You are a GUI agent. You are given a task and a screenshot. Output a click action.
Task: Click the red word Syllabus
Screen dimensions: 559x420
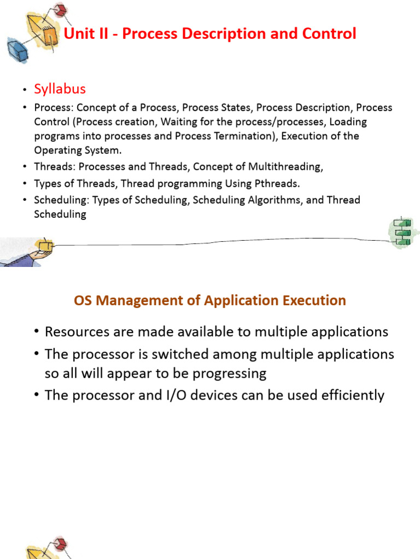coord(60,89)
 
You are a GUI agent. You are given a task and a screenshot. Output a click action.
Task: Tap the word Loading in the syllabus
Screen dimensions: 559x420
coord(348,122)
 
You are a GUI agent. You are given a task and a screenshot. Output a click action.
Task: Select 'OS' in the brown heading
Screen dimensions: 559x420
coord(83,300)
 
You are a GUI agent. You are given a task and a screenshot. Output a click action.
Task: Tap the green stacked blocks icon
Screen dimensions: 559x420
coord(404,233)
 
